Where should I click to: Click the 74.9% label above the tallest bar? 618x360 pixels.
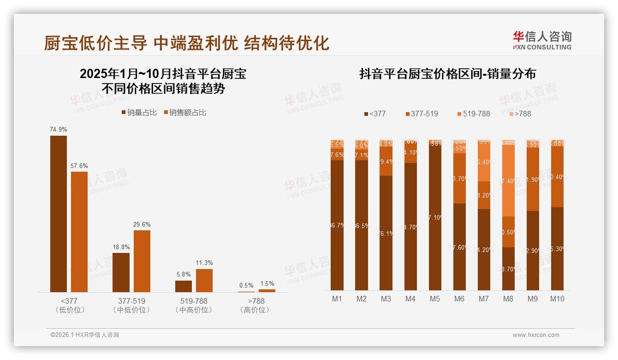[x=58, y=130]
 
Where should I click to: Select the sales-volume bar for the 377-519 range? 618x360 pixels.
[x=121, y=272]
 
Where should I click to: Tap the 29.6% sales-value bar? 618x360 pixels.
[x=142, y=261]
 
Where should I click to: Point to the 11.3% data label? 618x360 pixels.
[x=204, y=263]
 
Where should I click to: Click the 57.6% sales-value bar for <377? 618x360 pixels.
[x=79, y=232]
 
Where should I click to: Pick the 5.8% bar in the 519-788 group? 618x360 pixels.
[x=183, y=286]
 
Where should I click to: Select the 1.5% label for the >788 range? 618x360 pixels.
[x=267, y=284]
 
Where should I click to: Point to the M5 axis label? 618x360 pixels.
[x=434, y=299]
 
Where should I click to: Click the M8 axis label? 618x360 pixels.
[x=508, y=299]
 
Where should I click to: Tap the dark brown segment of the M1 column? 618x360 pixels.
[x=337, y=225]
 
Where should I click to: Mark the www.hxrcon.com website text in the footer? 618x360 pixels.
[x=535, y=335]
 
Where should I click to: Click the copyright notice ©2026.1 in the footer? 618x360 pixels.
[x=84, y=335]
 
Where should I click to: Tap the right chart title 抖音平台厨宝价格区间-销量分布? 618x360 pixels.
[x=447, y=74]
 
